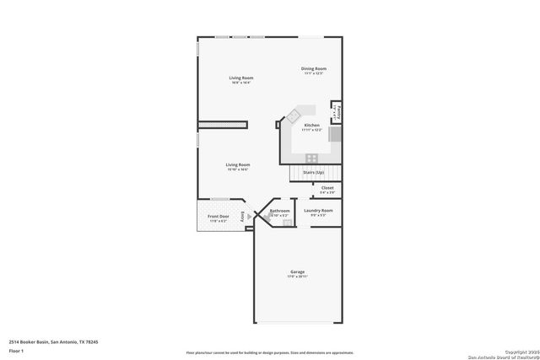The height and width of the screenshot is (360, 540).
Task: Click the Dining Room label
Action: [x=314, y=68]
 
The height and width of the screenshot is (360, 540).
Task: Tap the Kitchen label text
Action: [x=311, y=125]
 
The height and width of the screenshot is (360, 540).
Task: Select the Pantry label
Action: [x=338, y=110]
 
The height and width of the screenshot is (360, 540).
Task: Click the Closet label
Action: [x=327, y=188]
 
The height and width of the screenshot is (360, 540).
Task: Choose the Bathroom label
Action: [x=279, y=211]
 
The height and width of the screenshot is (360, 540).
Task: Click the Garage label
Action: [x=298, y=271]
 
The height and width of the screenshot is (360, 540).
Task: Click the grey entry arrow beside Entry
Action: [x=249, y=216]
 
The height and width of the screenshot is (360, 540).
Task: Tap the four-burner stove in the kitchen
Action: [x=311, y=157]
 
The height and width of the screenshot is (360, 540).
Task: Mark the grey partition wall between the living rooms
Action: [x=223, y=125]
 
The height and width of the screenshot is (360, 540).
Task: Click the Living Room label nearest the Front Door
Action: [x=237, y=164]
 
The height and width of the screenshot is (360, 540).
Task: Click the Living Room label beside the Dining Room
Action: [x=241, y=78]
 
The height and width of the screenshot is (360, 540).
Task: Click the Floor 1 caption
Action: [x=16, y=349]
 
